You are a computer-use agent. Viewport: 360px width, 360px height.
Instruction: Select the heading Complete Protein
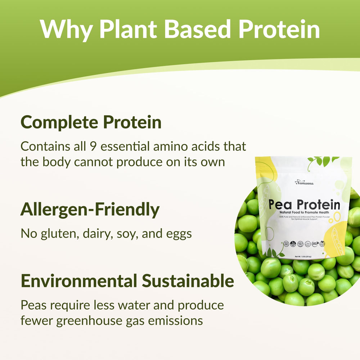click(x=91, y=122)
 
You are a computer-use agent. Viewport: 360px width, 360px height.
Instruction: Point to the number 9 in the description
click(x=91, y=147)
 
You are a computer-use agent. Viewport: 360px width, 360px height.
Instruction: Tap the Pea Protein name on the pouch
click(x=305, y=205)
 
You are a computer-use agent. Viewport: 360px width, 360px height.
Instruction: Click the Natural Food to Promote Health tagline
click(x=305, y=213)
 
